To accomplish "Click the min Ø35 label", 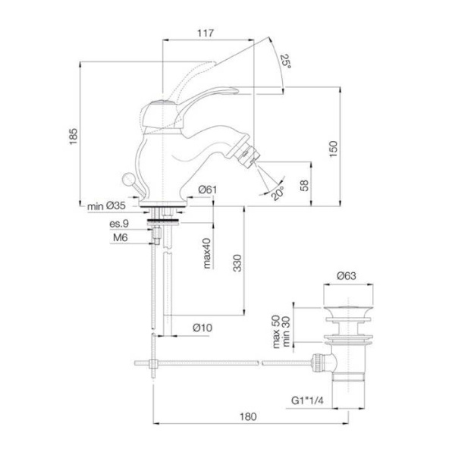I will pyautogui.click(x=105, y=206).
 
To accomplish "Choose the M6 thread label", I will pyautogui.click(x=121, y=238).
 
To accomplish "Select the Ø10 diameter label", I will pyautogui.click(x=202, y=328).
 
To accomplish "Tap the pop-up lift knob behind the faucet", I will pyautogui.click(x=129, y=180).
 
